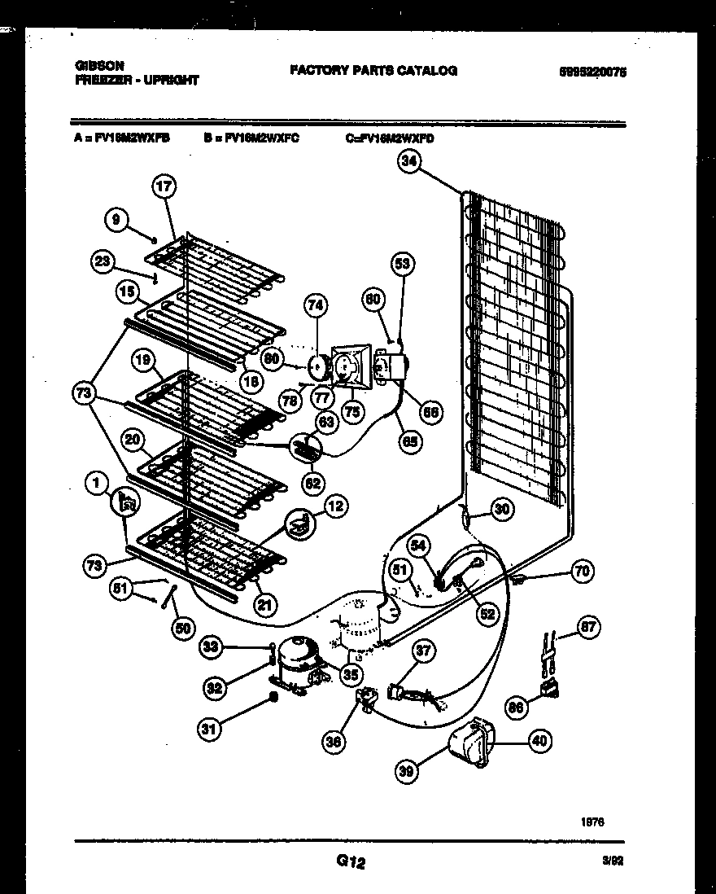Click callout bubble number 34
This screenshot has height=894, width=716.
409,162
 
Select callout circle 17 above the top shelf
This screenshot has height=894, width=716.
164,186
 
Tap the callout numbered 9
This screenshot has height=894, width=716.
116,218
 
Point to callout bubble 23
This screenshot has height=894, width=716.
103,261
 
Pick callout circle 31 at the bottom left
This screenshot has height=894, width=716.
210,730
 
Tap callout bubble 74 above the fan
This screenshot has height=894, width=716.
316,305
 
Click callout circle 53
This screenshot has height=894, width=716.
403,263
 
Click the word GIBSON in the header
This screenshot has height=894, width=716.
98,67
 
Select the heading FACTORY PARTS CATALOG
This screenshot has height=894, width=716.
373,71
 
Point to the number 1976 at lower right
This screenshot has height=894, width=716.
593,822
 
